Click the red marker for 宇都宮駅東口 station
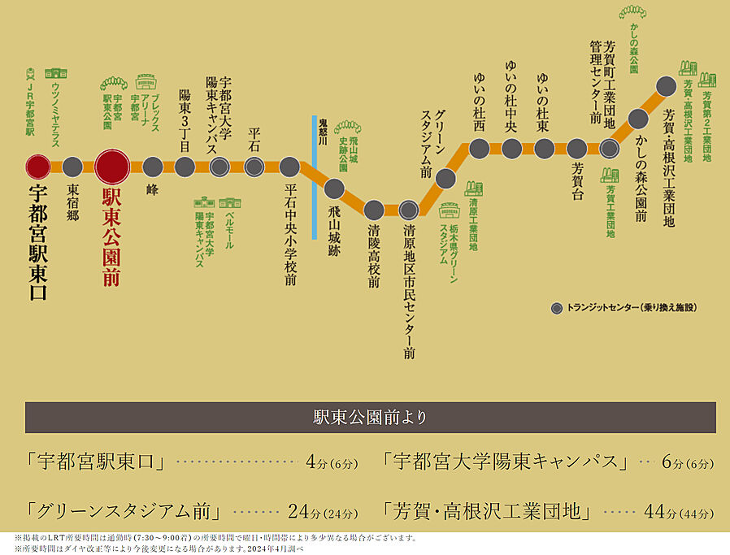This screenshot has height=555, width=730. click(38, 167)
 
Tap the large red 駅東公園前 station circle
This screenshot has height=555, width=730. click(112, 167)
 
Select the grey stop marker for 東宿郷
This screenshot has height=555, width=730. click(72, 167)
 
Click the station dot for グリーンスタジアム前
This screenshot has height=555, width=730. click(445, 178)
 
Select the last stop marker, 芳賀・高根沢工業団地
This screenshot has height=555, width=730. click(666, 85)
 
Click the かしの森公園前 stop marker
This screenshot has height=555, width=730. click(638, 119)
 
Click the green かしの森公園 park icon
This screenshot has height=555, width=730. click(632, 12)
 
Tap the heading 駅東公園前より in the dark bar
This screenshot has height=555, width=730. click(370, 418)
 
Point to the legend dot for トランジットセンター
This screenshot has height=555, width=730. click(556, 308)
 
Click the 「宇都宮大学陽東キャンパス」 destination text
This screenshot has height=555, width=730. click(506, 463)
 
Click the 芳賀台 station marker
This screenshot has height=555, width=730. click(576, 149)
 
